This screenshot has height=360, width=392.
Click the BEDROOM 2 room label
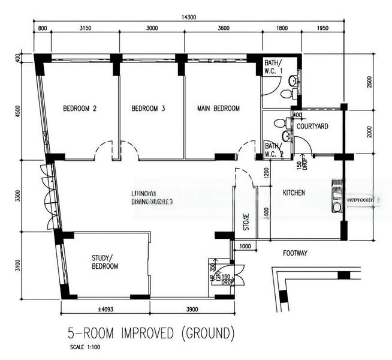point(80,109)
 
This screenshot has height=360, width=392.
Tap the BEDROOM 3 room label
point(148,109)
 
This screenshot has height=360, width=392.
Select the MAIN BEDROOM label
point(219,109)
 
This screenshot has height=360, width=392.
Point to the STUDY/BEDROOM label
point(105,263)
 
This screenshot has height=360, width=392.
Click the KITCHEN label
point(294,193)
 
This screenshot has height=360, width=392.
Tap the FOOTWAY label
point(295,254)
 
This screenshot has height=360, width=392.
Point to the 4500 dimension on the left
point(19,111)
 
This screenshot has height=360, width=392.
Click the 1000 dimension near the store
point(245,247)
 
